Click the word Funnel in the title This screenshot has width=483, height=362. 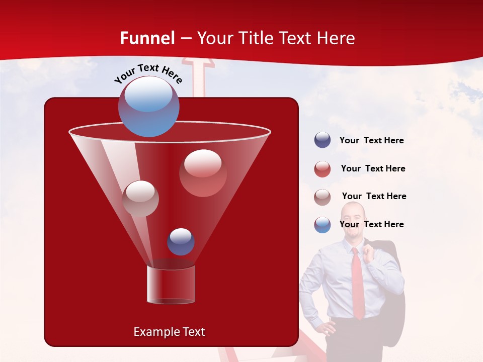point(147,38)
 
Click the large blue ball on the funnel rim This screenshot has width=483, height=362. point(148,106)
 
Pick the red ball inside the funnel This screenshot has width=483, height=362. point(203,173)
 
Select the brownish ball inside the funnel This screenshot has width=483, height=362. point(140,198)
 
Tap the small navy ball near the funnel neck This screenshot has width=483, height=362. point(181,241)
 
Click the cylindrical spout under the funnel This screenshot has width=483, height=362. point(171,284)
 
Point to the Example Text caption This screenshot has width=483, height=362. point(169,332)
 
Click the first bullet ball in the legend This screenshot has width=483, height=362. point(323,140)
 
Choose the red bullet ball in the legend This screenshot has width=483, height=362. point(323,169)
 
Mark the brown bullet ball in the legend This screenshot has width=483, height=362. point(323,197)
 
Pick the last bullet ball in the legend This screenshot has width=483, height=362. point(323,225)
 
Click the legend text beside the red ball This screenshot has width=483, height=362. point(373,168)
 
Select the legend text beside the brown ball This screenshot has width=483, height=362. point(374,196)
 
